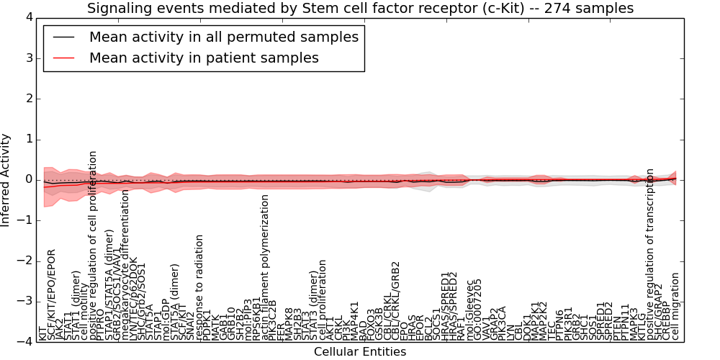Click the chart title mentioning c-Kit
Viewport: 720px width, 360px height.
click(x=360, y=9)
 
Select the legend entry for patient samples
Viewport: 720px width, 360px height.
click(x=204, y=58)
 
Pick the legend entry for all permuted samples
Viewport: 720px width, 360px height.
click(x=223, y=37)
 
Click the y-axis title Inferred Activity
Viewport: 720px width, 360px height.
click(x=6, y=180)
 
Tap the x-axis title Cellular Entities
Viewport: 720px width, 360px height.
click(x=360, y=352)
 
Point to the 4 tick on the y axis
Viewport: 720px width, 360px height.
click(x=28, y=17)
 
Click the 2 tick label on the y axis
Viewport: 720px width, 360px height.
click(x=28, y=99)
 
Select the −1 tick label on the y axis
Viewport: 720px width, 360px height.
click(x=25, y=220)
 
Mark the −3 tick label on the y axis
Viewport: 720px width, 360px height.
click(x=25, y=302)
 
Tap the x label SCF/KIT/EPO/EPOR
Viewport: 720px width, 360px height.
click(x=50, y=295)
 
